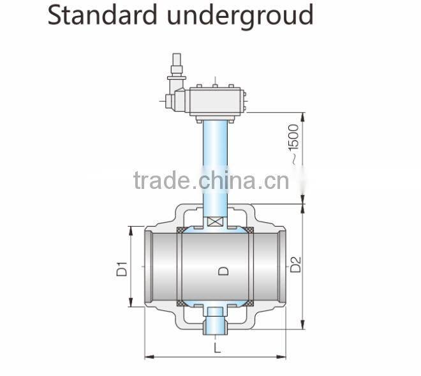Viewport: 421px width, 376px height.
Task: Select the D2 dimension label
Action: [x=295, y=264]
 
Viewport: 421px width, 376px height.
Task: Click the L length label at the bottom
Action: [x=217, y=348]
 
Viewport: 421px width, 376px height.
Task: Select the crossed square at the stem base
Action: [x=215, y=222]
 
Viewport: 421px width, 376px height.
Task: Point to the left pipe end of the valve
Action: [x=149, y=267]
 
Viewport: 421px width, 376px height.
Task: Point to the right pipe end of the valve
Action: [x=283, y=267]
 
